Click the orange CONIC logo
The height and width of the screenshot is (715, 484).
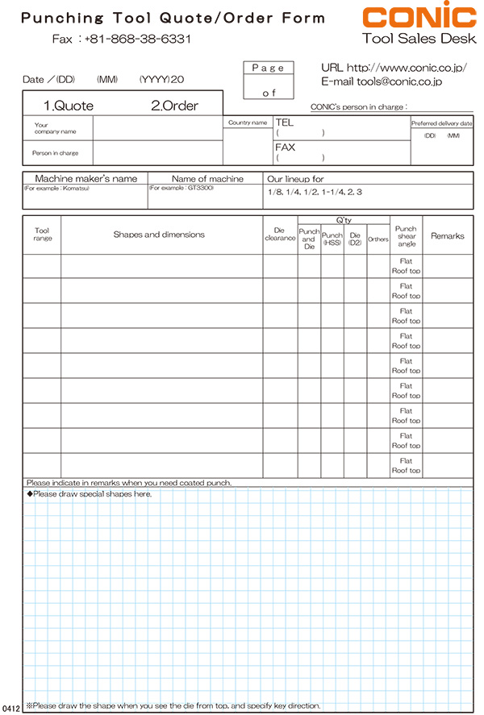coord(419,16)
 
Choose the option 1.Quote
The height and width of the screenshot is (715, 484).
coord(68,106)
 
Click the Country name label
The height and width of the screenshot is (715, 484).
coord(248,123)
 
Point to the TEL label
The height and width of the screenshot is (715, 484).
coord(285,123)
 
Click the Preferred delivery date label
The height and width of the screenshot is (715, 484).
coord(441,123)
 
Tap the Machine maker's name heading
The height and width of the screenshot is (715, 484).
coord(86,178)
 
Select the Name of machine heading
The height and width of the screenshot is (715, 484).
coord(207,178)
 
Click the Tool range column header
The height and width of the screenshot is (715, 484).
coord(42,235)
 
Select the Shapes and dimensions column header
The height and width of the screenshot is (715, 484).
coord(159,235)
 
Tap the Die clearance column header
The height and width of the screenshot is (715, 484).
coord(280,235)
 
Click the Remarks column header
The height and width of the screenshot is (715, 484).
coord(448,236)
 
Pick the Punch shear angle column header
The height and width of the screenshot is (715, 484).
coord(406,235)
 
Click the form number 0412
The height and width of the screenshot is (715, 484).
coord(10,708)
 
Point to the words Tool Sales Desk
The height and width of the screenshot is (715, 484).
coord(419,38)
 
